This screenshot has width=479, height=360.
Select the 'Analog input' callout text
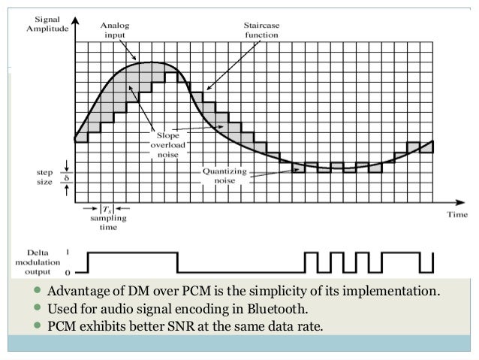click(115, 29)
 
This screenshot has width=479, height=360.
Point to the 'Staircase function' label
click(255, 29)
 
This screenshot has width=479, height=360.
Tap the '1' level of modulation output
click(69, 253)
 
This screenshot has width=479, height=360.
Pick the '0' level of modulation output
click(69, 272)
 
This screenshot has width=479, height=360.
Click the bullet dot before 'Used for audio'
click(38, 309)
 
